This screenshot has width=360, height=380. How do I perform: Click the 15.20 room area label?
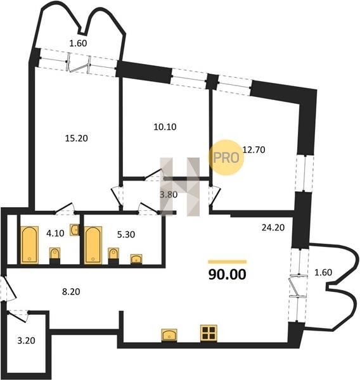(x=77, y=138)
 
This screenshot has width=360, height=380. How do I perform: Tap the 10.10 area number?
(x=165, y=127)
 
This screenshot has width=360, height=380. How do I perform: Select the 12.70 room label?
(x=254, y=149)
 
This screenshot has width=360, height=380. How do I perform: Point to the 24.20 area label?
(x=273, y=227)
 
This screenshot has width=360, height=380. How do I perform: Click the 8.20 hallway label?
(x=71, y=291)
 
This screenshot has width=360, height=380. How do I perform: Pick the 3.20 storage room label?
(x=26, y=341)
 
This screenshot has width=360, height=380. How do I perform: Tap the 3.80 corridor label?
(x=169, y=194)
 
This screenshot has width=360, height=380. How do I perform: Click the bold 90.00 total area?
(x=228, y=274)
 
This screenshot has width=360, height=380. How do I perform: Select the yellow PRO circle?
(x=226, y=158)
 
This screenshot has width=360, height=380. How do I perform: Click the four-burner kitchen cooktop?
(x=209, y=333)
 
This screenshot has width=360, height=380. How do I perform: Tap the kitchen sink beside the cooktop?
(x=169, y=335)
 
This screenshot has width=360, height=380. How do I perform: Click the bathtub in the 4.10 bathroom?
(x=29, y=245)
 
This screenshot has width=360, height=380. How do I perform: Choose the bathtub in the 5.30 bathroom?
(x=93, y=245)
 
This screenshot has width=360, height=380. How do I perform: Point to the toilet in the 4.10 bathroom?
(x=55, y=256)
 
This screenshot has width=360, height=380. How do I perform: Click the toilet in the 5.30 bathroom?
(x=113, y=256)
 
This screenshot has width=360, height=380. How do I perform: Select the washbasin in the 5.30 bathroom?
(x=136, y=259)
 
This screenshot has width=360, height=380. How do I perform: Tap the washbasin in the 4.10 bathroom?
(x=75, y=229)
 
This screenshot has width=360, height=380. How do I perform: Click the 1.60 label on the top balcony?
(x=78, y=43)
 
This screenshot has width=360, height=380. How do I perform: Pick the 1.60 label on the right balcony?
(x=323, y=272)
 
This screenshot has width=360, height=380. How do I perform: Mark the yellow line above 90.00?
(x=228, y=262)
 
